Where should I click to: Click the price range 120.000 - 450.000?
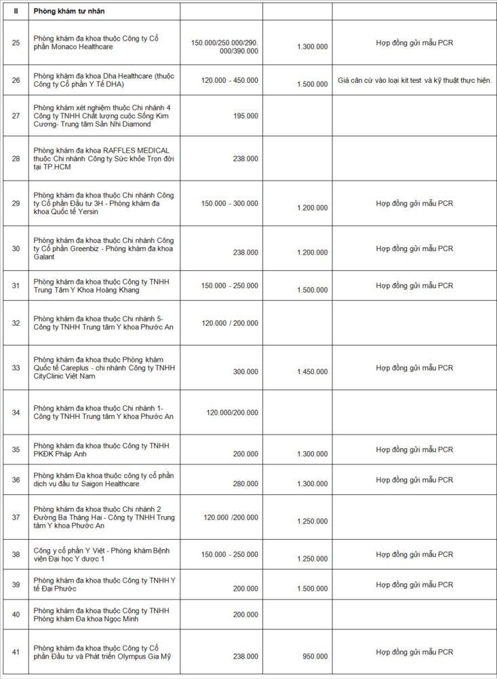229,80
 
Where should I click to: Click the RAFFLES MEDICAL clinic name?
102,158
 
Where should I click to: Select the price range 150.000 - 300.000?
229,203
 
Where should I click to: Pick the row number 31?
16,285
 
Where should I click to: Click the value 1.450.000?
312,371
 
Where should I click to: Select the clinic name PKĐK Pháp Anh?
101,449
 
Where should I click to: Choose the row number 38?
16,555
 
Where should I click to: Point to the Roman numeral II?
16,12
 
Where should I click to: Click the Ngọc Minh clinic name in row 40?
101,614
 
